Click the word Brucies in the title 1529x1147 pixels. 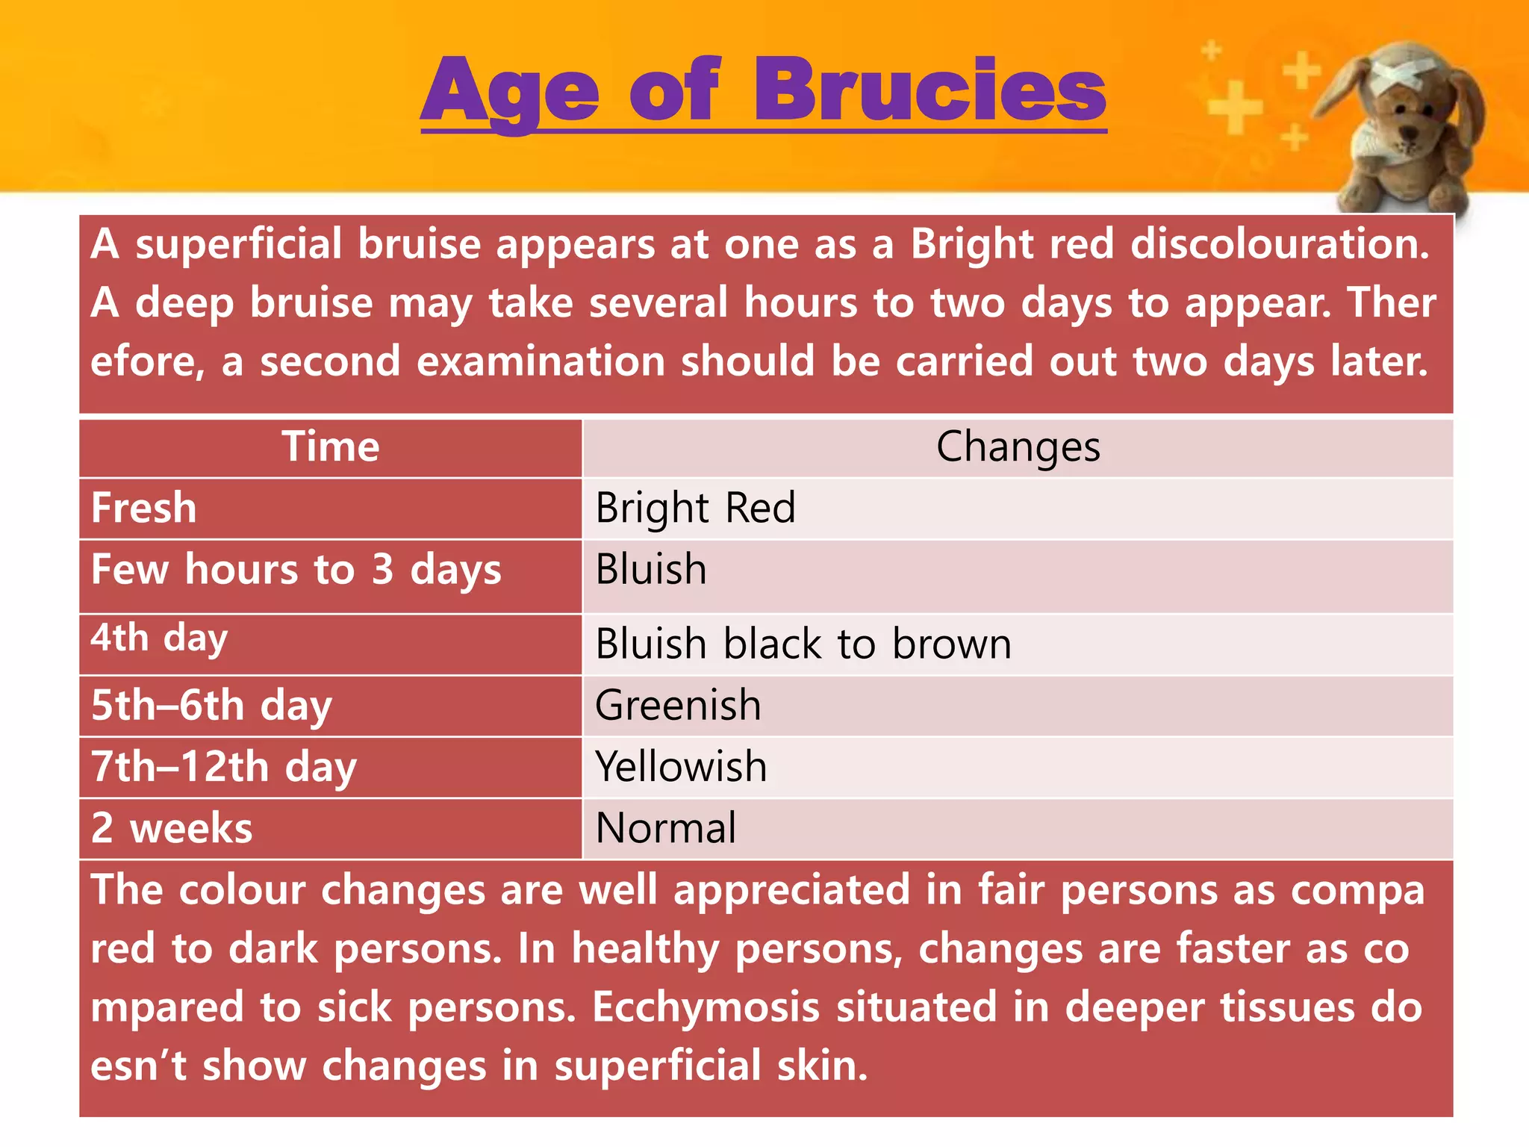click(929, 91)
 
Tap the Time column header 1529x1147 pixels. click(330, 447)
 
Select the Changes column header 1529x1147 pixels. click(1018, 447)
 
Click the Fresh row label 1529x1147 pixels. click(144, 509)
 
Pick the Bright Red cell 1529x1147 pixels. click(695, 509)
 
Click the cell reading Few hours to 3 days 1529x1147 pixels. click(296, 571)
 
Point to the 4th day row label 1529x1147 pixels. click(159, 638)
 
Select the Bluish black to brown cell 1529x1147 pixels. click(803, 644)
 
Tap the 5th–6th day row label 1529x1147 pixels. click(211, 706)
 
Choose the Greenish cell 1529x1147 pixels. click(678, 706)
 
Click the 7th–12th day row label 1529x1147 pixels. click(223, 768)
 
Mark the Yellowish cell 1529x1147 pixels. click(681, 768)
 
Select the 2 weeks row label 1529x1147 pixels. click(172, 829)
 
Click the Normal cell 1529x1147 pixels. click(666, 829)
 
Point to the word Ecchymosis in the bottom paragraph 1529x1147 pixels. click(706, 1007)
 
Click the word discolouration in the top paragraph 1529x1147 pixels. click(1279, 244)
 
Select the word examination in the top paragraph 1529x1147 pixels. click(540, 361)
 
